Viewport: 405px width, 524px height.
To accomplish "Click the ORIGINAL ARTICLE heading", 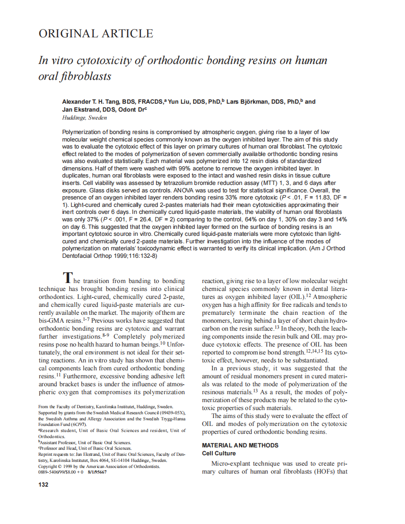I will (x=95, y=34).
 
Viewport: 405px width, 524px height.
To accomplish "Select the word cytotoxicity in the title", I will (x=102, y=61).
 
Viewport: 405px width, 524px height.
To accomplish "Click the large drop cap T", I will (x=68, y=278).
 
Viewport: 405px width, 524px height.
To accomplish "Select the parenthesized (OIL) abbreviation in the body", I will (x=294, y=297).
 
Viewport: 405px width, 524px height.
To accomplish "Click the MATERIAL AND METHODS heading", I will (x=240, y=445).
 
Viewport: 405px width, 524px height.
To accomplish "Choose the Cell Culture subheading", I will (x=218, y=453).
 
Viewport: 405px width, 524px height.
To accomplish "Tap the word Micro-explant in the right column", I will (x=232, y=464).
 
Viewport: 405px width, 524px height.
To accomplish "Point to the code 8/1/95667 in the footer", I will (x=96, y=472).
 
